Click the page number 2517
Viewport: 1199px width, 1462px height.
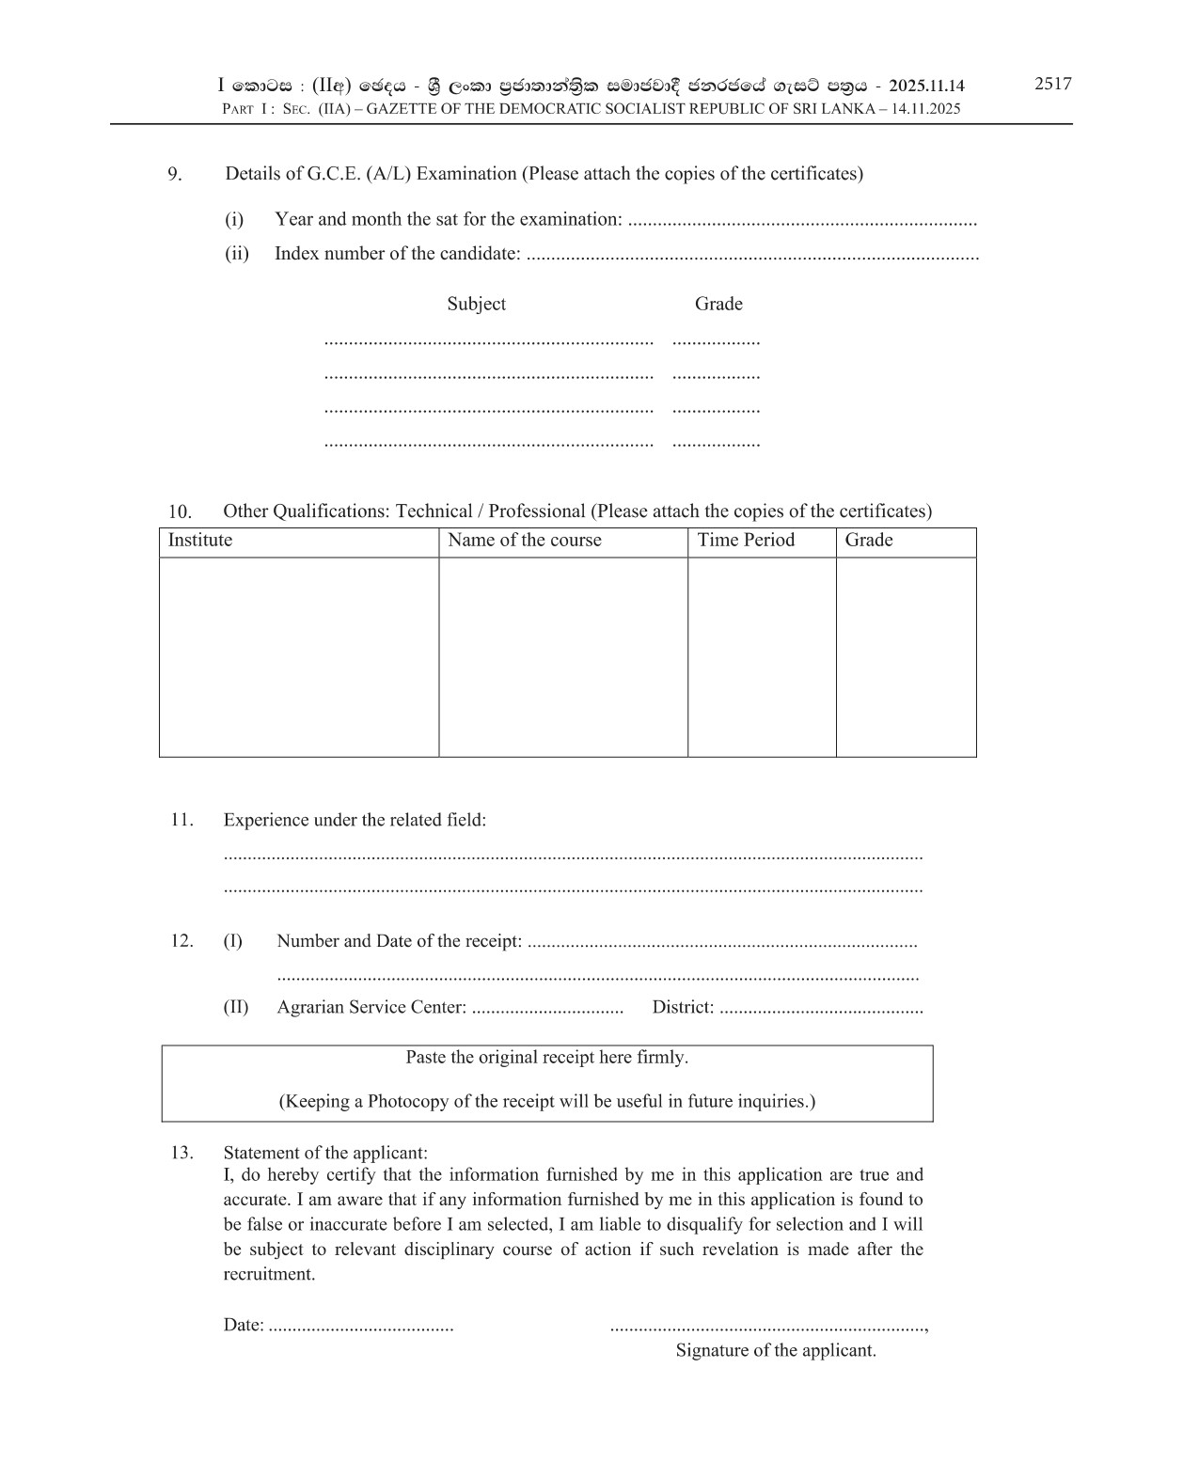click(x=1052, y=84)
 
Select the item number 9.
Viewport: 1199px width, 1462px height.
click(x=175, y=174)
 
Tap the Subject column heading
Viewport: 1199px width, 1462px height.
click(x=476, y=304)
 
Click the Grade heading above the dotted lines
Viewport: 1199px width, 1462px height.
click(x=718, y=304)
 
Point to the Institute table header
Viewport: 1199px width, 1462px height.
click(x=199, y=541)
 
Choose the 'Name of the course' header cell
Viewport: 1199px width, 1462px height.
click(x=524, y=541)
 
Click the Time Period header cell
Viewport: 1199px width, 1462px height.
click(x=746, y=541)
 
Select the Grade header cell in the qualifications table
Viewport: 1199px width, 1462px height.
click(x=868, y=541)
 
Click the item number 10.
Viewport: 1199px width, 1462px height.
click(x=180, y=512)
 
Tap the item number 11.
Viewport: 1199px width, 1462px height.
click(x=181, y=820)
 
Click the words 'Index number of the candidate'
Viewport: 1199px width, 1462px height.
click(x=397, y=254)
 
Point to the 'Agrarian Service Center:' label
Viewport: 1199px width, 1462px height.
click(x=371, y=1008)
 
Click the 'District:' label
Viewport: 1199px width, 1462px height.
click(x=683, y=1008)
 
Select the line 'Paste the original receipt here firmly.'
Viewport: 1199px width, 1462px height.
click(x=546, y=1058)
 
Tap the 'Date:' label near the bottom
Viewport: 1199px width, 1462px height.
click(x=244, y=1326)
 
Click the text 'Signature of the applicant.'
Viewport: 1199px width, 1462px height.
click(x=776, y=1351)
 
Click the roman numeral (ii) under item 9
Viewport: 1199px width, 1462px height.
click(x=236, y=254)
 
